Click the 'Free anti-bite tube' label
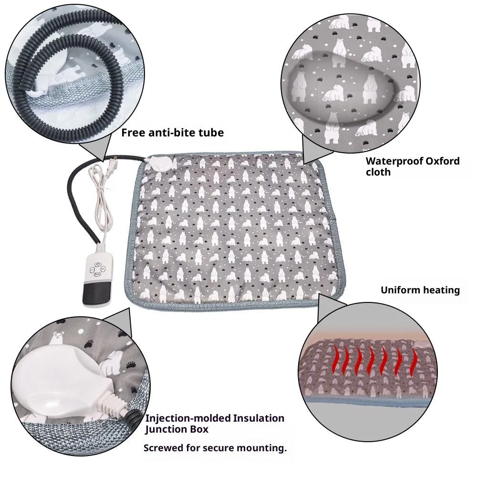tap(172, 133)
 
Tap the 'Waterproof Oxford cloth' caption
tap(413, 166)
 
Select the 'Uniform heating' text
tap(420, 290)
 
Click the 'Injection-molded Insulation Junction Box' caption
tap(215, 424)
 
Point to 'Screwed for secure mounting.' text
tap(215, 448)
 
